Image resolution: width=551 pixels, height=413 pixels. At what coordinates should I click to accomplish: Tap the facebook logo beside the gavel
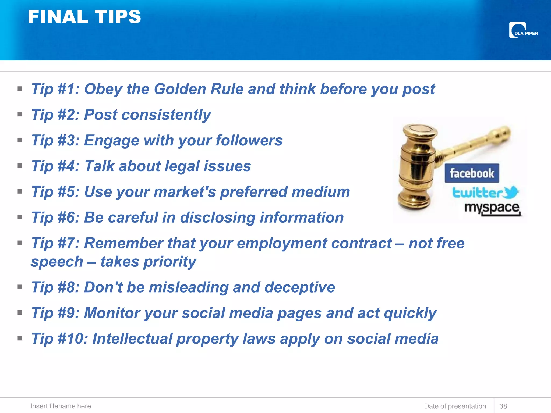[x=472, y=173]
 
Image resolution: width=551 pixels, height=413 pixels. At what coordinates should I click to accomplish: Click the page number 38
[x=503, y=406]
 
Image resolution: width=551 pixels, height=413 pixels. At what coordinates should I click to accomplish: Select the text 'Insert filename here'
[x=61, y=406]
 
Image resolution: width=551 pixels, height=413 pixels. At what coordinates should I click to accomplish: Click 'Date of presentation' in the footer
[x=455, y=406]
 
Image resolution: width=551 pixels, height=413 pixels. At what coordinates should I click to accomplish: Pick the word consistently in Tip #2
[x=166, y=115]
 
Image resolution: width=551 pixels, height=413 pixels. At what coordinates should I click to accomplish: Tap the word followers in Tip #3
[x=249, y=140]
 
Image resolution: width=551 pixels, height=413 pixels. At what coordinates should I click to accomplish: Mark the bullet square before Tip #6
[x=20, y=217]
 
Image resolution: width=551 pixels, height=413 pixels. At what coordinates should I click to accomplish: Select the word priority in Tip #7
[x=170, y=262]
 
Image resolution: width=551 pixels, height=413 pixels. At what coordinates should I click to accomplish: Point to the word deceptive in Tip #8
[x=300, y=287]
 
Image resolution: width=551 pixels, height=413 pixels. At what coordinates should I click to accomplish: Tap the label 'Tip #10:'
[x=60, y=339]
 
